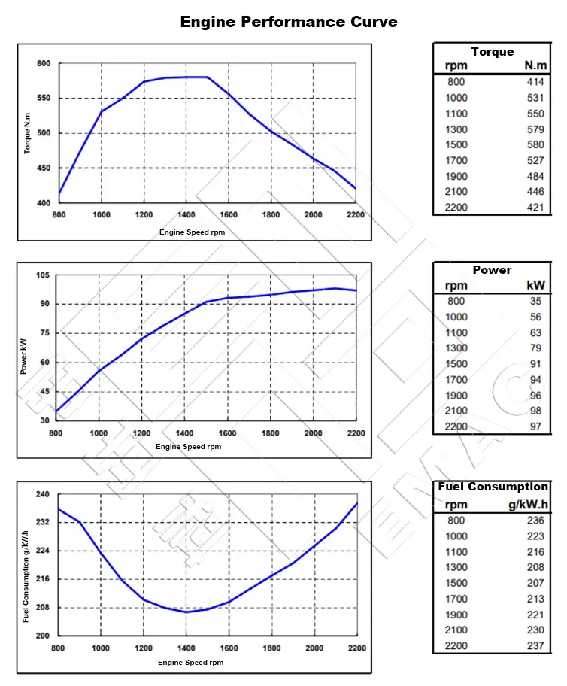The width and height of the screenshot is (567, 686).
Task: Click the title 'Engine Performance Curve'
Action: click(289, 21)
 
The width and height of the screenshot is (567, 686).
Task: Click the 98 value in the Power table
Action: click(535, 411)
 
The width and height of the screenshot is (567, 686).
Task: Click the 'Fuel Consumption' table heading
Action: click(493, 487)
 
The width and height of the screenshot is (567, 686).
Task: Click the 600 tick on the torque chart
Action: click(44, 64)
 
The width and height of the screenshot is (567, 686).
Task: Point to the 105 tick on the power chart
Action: click(43, 275)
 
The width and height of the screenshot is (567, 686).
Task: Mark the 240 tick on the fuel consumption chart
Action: click(43, 494)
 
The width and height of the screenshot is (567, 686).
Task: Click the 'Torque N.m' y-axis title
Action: click(28, 133)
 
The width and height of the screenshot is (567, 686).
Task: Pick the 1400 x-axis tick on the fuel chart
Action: click(186, 648)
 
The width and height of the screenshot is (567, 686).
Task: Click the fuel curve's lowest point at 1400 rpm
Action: click(186, 612)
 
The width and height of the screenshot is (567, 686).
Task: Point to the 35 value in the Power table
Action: click(535, 301)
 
